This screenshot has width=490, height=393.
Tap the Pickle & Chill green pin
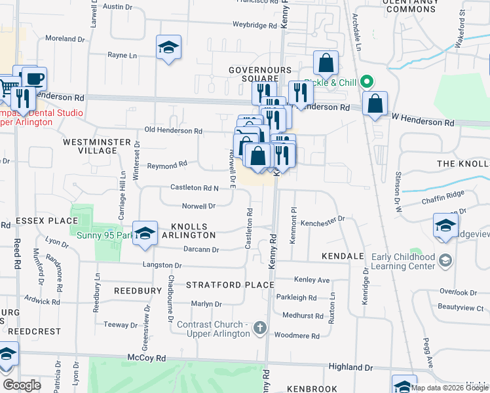click(367, 83)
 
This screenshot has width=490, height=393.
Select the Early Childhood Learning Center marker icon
click(445, 260)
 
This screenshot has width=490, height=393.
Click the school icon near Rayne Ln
click(168, 47)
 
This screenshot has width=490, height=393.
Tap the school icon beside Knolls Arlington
click(145, 233)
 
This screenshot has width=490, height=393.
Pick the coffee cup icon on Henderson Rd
click(34, 79)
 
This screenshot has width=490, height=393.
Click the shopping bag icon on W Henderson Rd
click(375, 103)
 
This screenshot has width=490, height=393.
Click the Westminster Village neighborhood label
click(90, 145)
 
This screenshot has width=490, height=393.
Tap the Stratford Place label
click(229, 285)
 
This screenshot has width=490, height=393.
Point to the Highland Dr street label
click(350, 368)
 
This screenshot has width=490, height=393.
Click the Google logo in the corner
click(22, 384)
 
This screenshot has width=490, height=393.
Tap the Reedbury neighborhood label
click(138, 290)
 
